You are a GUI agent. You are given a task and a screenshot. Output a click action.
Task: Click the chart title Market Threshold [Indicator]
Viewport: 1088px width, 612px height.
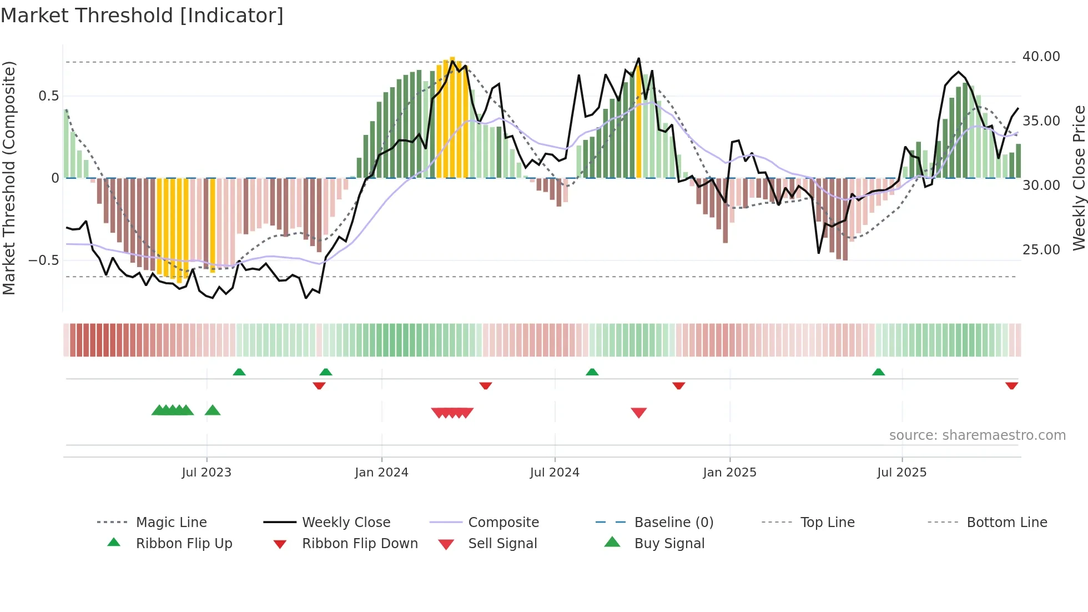[142, 16]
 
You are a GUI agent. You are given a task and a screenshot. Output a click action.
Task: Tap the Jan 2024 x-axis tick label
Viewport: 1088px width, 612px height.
[381, 473]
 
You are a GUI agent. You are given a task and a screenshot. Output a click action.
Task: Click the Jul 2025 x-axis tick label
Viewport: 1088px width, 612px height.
[901, 473]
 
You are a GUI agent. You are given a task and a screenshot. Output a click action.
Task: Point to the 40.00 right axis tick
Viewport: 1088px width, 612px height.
[1041, 57]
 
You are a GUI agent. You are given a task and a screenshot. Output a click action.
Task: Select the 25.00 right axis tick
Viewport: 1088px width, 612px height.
[1041, 250]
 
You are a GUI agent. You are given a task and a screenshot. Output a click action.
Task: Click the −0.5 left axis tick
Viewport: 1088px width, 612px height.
[43, 260]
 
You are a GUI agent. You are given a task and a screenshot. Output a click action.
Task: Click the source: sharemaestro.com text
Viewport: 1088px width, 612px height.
[977, 435]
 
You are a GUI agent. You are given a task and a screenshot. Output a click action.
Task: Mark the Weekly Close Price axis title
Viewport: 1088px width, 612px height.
[1079, 178]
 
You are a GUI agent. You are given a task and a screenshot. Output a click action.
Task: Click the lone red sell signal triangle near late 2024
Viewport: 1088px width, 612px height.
[638, 413]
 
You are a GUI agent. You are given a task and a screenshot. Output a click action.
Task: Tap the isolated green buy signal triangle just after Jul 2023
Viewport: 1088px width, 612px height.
[213, 410]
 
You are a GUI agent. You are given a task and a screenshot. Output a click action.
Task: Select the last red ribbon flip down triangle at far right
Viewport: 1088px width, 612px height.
[1011, 385]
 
